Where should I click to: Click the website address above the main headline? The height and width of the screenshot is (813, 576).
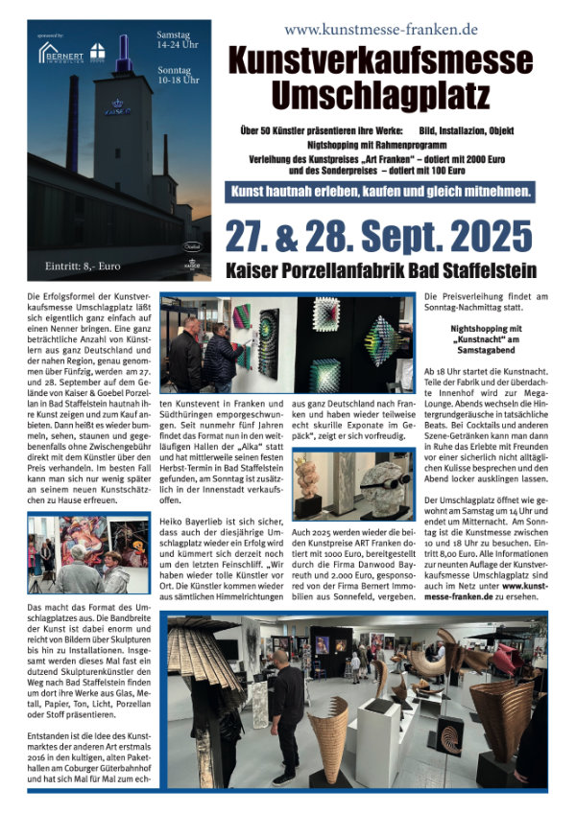click(x=381, y=30)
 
